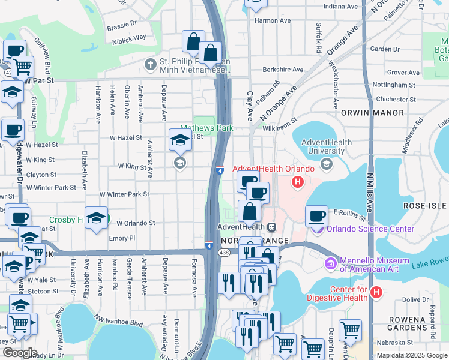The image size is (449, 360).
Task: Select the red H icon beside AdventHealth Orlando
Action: click(296, 181)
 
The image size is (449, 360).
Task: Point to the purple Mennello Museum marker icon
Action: click(330, 263)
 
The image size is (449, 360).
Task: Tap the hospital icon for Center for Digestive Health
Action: click(376, 292)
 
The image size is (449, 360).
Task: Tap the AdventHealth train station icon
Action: click(271, 227)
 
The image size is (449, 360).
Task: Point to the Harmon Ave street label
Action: click(273, 20)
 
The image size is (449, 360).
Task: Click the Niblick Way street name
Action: click(129, 37)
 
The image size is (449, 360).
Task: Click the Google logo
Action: click(20, 353)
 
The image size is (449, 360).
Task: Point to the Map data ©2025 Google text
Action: click(411, 355)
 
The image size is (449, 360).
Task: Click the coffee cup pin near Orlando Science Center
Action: click(316, 216)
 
